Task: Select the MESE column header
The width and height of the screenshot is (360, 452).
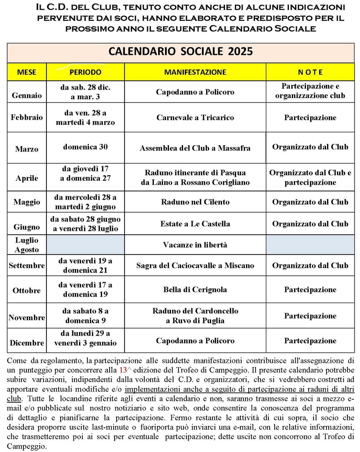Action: pos(27,72)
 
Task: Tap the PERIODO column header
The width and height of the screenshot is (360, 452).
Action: pos(85,72)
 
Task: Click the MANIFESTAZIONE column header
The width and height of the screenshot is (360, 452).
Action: pos(195,72)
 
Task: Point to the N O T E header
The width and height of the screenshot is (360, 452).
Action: pos(310,72)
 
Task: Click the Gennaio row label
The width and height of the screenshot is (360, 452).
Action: pos(27,95)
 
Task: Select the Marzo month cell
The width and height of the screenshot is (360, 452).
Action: pos(27,149)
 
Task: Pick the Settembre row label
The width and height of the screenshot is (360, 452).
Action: pos(27,265)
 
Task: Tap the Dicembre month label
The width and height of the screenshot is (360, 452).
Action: pos(27,343)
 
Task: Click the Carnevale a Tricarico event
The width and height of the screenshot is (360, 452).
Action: pos(195,118)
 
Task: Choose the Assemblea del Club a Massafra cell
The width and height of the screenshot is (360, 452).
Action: pos(195,148)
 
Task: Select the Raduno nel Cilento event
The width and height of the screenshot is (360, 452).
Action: pos(195,202)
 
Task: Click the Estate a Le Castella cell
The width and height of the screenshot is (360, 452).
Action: pos(195,223)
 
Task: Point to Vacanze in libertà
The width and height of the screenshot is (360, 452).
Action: pos(195,245)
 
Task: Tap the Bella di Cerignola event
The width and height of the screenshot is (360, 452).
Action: pos(195,290)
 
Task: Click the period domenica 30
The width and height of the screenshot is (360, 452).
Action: pos(85,147)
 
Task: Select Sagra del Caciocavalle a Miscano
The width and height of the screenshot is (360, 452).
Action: pos(195,265)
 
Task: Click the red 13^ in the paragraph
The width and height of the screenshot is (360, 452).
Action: pos(123,370)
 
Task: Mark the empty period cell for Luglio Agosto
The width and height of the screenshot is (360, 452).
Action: pos(85,245)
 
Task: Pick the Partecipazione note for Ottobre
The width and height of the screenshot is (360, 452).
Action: pos(310,290)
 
